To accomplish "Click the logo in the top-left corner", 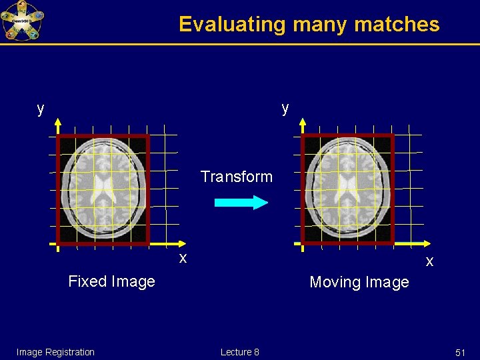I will coord(21,21).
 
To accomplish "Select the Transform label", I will coord(237,177).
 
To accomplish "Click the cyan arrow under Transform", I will coord(241,203).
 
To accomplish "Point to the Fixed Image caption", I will coord(111,281).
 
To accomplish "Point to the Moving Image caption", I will coord(359,282).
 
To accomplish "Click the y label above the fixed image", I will coord(41,108).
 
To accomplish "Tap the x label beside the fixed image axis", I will coord(182,257).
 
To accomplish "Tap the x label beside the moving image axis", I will coord(429,261).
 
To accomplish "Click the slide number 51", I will coord(460,352).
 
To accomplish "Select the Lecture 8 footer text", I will coord(240,352).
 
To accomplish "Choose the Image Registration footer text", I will coord(55,352).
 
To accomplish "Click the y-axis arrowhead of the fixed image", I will coord(58,123).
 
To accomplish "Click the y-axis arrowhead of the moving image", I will coord(303,123).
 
